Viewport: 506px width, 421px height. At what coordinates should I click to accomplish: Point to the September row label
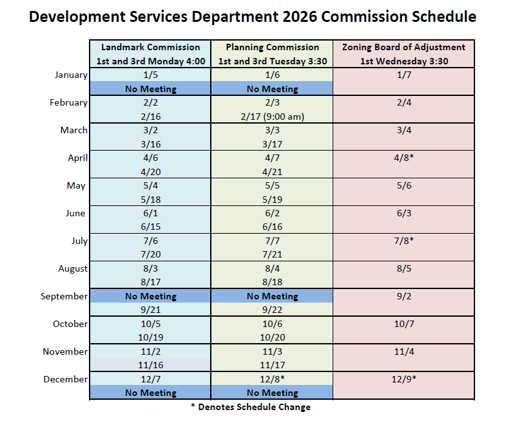click(64, 296)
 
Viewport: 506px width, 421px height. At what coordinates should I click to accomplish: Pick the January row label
click(70, 75)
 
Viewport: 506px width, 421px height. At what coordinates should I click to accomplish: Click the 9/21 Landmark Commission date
click(150, 310)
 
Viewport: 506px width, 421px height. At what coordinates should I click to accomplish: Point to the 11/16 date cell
click(150, 365)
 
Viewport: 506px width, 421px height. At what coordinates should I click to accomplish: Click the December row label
click(65, 379)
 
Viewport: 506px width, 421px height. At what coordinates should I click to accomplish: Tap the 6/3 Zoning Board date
click(404, 213)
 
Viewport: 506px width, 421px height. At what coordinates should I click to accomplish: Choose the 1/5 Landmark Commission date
click(150, 75)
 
